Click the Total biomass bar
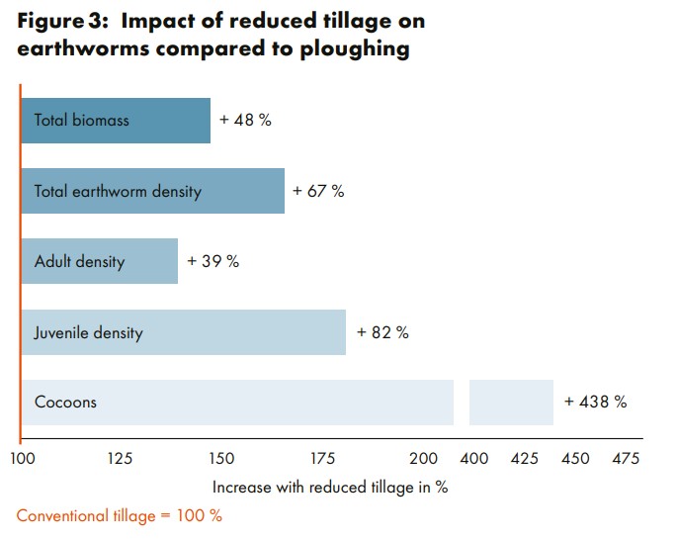pos(116,121)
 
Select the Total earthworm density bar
pos(153,191)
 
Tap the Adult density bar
pos(99,261)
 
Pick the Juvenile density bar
pos(184,332)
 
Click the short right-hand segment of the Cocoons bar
pos(511,403)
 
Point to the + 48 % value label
pos(245,121)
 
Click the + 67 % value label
pos(318,191)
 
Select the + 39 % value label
pos(212,262)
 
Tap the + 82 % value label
pos(382,332)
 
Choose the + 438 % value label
pos(595,403)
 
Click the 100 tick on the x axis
pos(22,459)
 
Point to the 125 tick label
pos(121,459)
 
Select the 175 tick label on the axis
pos(322,459)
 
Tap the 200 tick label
pos(423,459)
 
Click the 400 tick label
pos(474,459)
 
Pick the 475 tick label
pos(625,459)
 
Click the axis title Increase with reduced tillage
pos(330,488)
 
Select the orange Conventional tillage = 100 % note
pos(120,516)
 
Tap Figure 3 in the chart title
pos(61,21)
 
